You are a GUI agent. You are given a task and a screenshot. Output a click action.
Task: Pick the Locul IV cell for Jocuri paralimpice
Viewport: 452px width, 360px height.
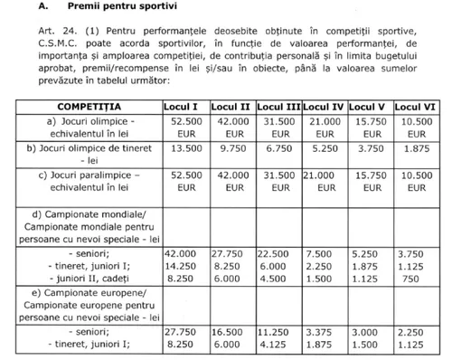[x=324, y=177]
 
